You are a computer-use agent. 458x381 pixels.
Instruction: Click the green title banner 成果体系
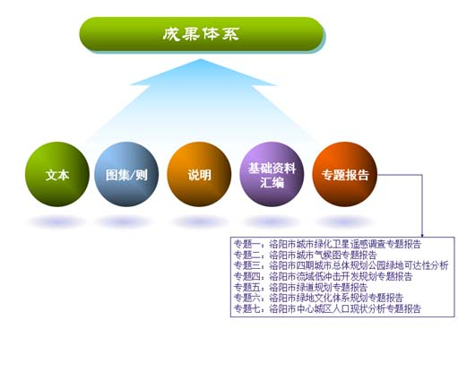click(x=201, y=34)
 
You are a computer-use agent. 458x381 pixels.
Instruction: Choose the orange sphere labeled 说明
click(x=199, y=173)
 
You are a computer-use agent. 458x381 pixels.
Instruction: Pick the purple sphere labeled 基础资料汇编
click(x=272, y=173)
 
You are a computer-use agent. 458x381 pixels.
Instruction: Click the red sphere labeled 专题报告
click(x=344, y=173)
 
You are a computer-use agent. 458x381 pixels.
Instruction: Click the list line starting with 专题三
click(x=340, y=265)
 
